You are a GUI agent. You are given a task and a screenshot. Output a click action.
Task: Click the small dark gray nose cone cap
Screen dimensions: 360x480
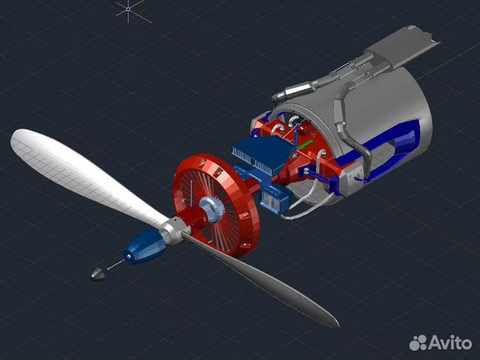98,273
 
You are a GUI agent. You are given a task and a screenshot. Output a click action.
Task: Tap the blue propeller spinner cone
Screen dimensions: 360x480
143,247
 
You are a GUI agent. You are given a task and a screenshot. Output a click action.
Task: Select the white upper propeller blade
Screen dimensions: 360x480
73,167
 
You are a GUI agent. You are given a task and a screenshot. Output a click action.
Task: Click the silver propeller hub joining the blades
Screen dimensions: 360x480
175,230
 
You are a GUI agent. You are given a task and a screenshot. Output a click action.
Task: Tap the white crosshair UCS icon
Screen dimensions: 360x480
129,9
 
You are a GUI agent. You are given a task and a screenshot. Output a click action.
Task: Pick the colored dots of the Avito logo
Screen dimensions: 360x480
418,343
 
